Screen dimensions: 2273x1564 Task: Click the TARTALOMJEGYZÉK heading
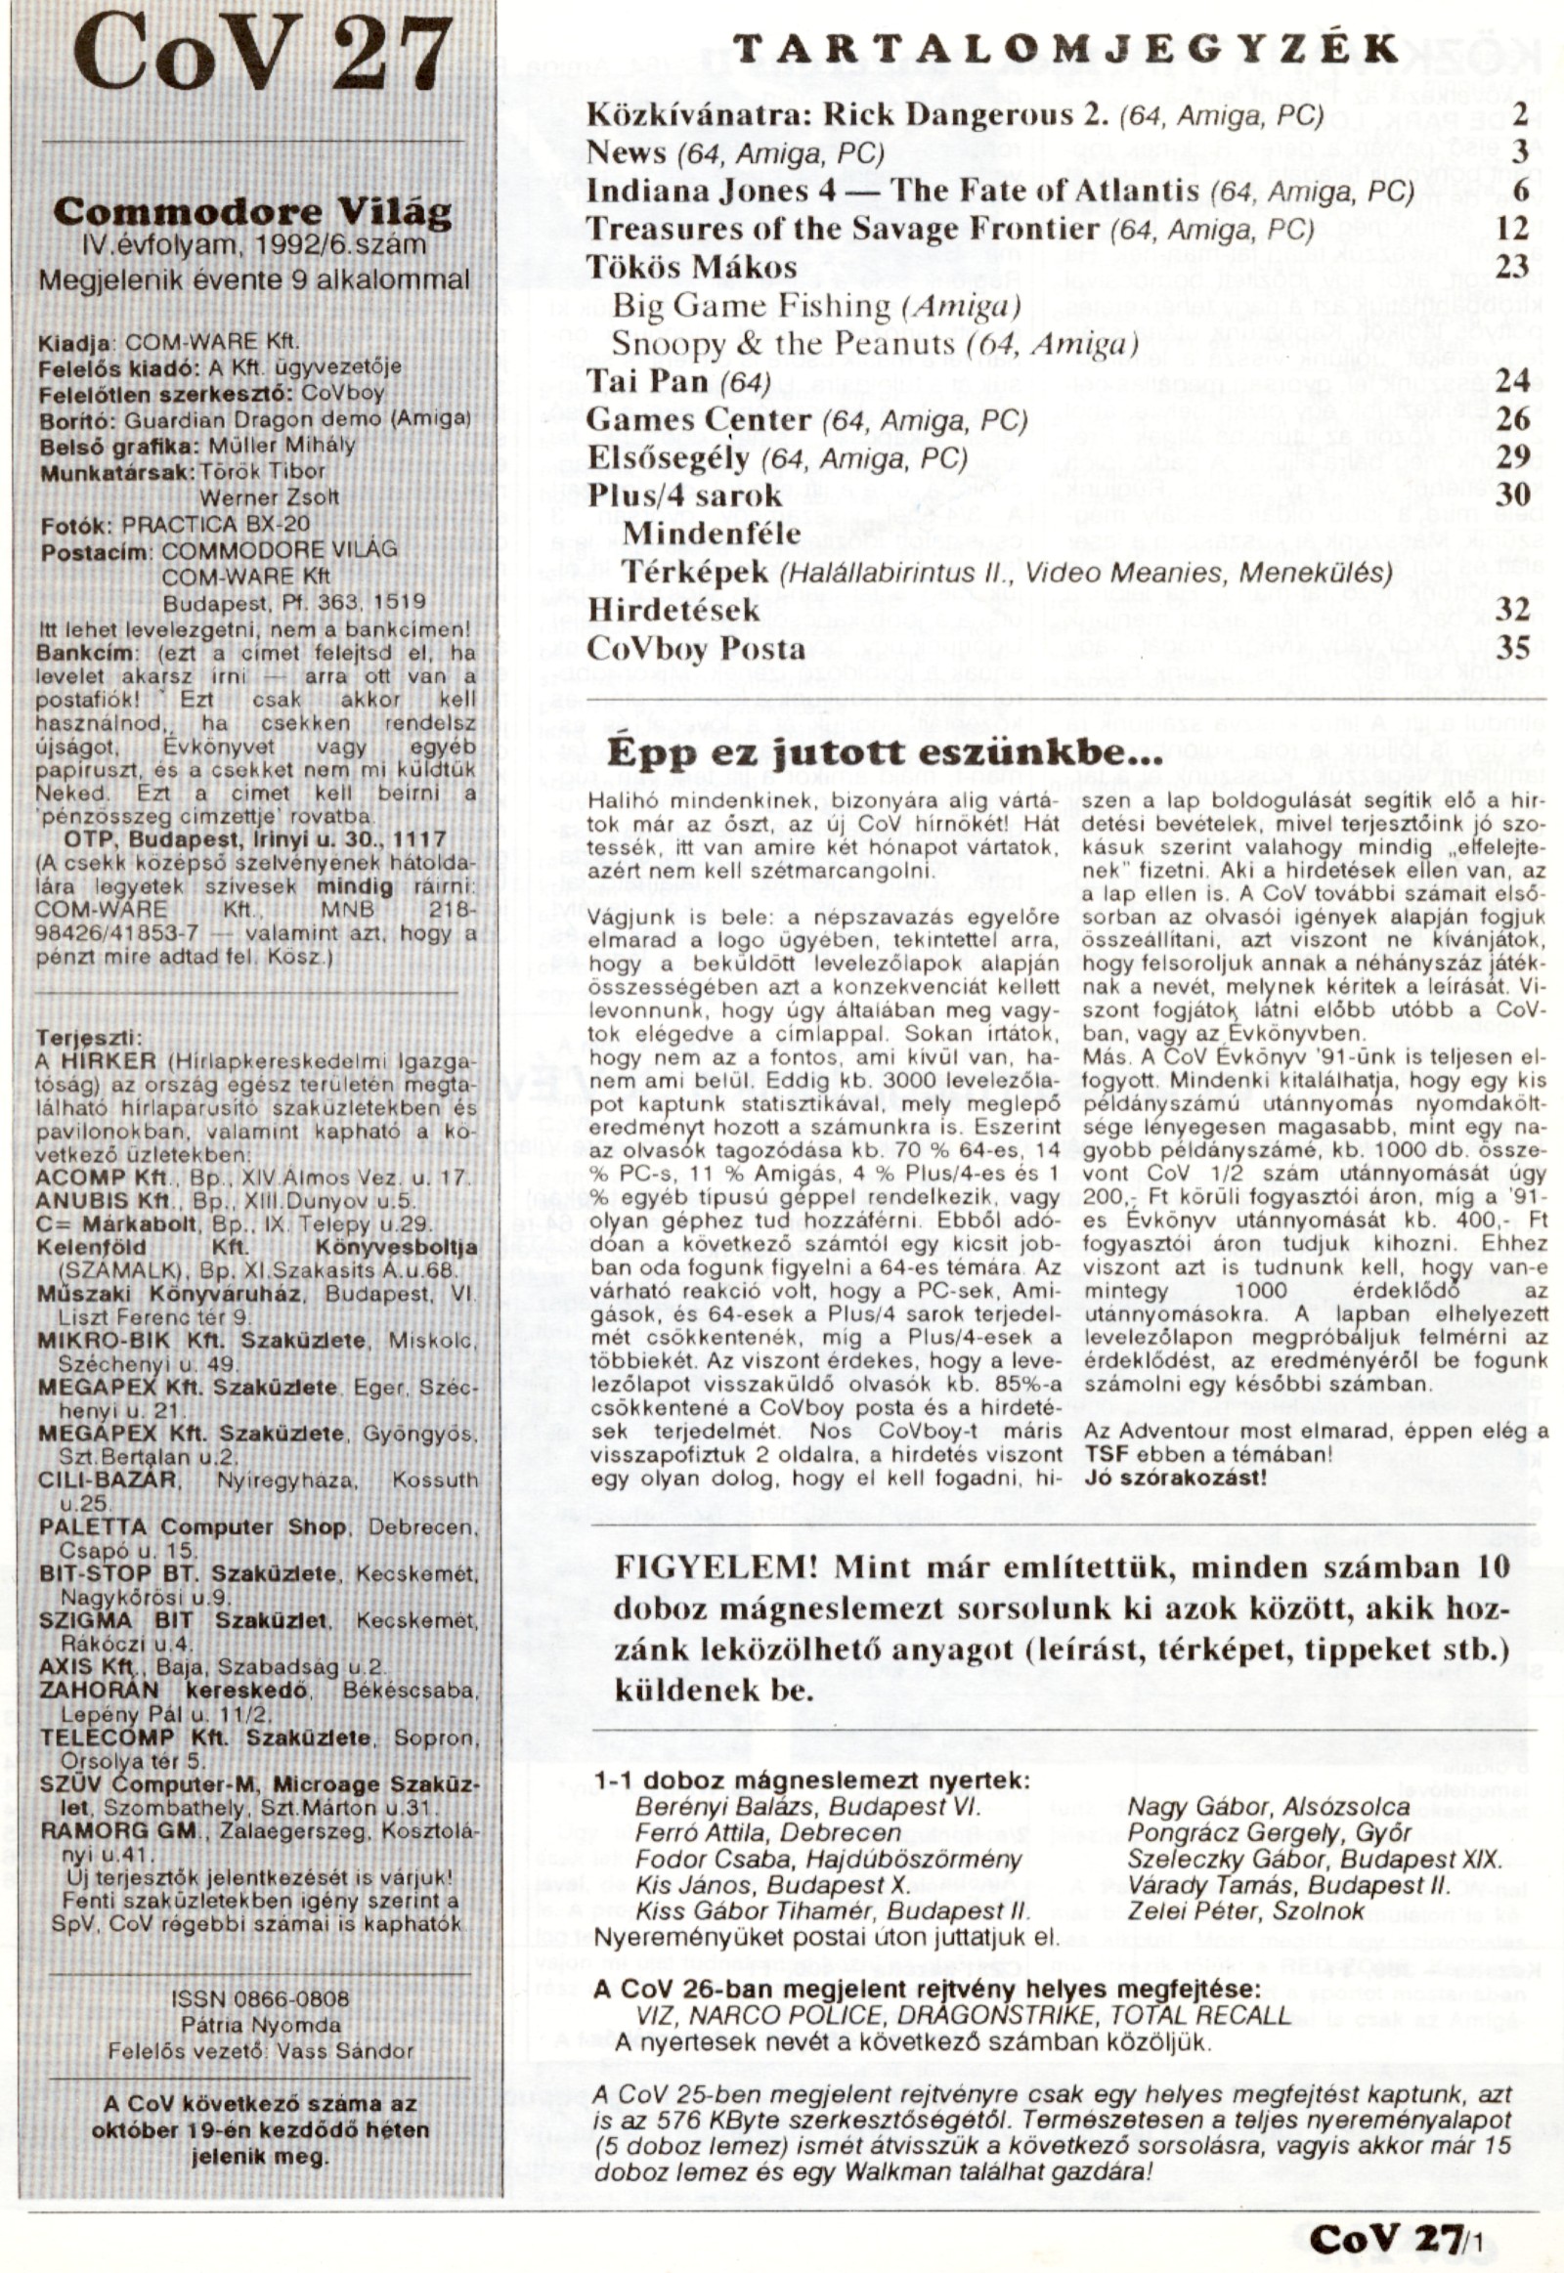click(x=1065, y=50)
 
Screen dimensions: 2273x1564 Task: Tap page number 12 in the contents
click(x=1512, y=229)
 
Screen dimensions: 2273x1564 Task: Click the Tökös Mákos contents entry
click(x=692, y=268)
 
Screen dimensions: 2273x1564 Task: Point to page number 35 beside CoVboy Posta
click(x=1512, y=649)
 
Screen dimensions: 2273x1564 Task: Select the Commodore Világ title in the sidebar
click(x=252, y=212)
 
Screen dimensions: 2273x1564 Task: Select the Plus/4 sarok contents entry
click(x=685, y=494)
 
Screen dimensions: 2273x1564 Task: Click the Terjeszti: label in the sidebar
click(x=87, y=1038)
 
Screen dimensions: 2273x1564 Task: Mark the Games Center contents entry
click(x=699, y=419)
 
